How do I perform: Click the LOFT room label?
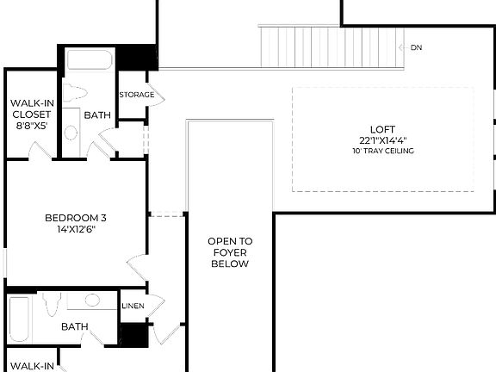point(383,128)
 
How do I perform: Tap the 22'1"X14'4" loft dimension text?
point(383,139)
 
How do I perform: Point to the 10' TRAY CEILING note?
point(383,151)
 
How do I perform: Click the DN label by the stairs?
point(416,47)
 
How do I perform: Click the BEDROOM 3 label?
point(75,218)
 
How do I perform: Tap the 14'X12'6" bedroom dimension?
point(75,230)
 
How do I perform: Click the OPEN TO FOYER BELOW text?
point(230,252)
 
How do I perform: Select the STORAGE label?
point(136,95)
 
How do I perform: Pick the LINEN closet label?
point(133,306)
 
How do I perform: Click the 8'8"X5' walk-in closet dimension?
point(32,125)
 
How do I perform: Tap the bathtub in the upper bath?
point(90,60)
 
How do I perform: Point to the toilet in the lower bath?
point(53,303)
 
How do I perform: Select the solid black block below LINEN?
point(133,335)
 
